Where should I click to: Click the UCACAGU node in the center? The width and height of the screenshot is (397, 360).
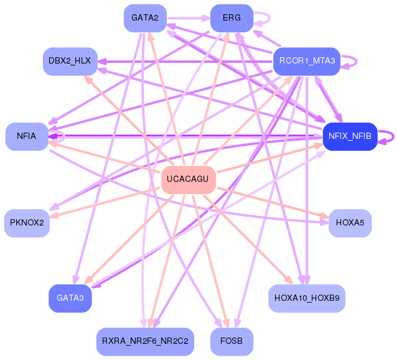pos(189,180)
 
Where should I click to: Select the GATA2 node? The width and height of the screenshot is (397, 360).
pos(145,18)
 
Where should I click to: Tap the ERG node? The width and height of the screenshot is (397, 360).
pos(231,18)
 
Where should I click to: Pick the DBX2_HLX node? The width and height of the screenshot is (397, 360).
pos(70,61)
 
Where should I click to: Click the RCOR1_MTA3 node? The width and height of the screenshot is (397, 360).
pos(307,61)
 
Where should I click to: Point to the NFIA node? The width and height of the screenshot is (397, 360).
pos(27,136)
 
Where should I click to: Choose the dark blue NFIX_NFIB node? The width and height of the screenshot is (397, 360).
pos(350,136)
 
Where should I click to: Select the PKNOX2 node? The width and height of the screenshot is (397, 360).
pos(27,223)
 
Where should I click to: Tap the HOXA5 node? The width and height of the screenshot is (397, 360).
pos(350,223)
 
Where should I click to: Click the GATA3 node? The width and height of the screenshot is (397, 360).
pos(70,298)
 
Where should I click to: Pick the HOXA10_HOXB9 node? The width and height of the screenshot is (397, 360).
pos(307,298)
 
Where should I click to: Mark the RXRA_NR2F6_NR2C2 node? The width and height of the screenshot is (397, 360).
pos(145,341)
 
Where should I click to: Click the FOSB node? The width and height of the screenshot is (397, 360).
pos(231,341)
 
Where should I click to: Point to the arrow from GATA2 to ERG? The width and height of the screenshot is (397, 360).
pos(189,18)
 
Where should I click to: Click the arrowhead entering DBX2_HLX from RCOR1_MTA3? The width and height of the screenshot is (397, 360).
pos(102,61)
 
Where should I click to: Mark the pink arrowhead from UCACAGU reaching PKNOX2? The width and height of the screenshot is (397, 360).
pos(54,216)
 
